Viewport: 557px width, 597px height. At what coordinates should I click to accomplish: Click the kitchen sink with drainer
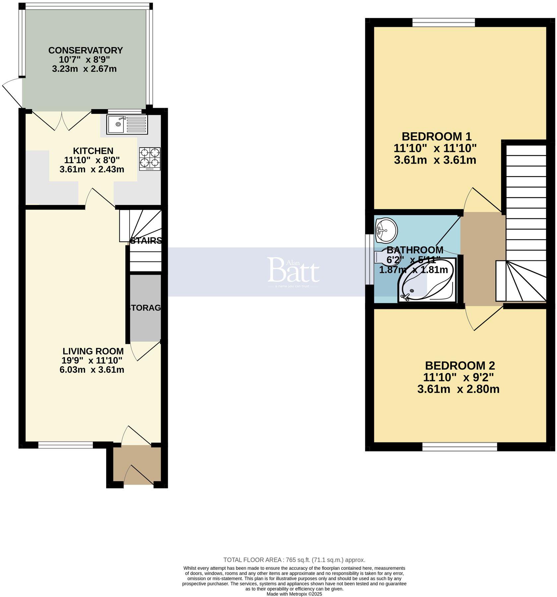pyautogui.click(x=127, y=124)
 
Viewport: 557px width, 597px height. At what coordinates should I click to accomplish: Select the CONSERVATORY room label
pyautogui.click(x=86, y=50)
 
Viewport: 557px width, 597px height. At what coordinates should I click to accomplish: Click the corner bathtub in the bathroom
pyautogui.click(x=427, y=280)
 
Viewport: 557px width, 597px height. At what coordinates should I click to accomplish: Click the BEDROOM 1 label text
pyautogui.click(x=436, y=136)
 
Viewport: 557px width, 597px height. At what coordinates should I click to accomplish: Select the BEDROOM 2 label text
pyautogui.click(x=460, y=365)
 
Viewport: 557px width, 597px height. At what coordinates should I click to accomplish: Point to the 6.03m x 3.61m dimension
pyautogui.click(x=92, y=369)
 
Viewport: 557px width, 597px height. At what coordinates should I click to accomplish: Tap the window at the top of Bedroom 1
pyautogui.click(x=443, y=23)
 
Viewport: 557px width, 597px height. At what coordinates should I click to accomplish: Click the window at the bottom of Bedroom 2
pyautogui.click(x=460, y=447)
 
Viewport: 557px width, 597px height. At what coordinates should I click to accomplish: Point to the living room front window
pyautogui.click(x=66, y=445)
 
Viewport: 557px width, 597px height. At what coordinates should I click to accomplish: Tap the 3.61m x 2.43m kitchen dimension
pyautogui.click(x=92, y=169)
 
